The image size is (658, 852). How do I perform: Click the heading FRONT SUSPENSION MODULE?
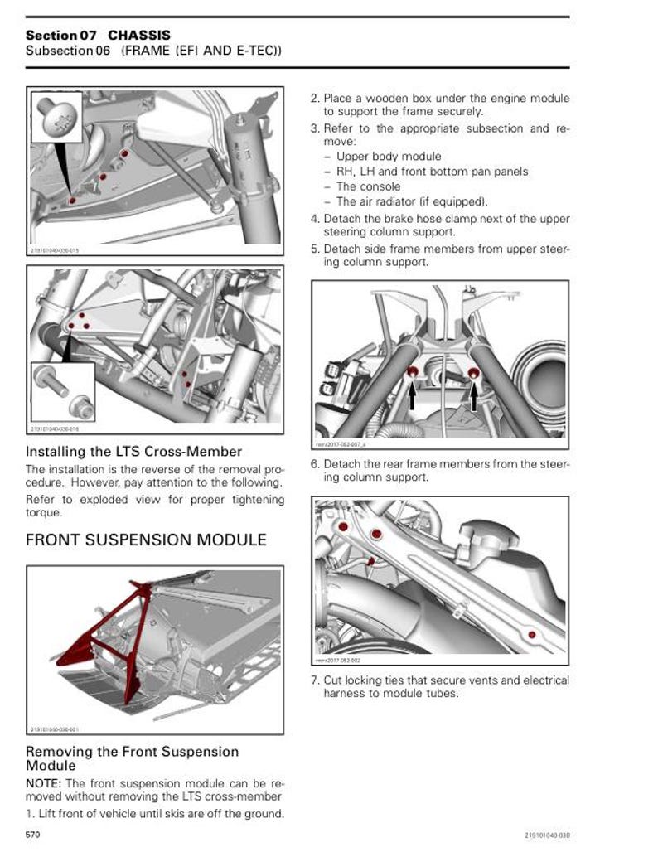tap(146, 540)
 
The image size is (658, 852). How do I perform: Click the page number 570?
tap(33, 835)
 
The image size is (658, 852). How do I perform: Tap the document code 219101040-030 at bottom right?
tap(546, 835)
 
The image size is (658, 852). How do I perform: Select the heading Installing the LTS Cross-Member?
tap(133, 452)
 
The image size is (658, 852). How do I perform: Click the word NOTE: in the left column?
tap(44, 783)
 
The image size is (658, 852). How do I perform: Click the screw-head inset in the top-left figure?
tap(56, 117)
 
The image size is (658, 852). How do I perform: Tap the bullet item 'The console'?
tap(368, 186)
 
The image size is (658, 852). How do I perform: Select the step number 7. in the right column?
tap(316, 680)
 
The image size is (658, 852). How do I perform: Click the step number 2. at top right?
tap(316, 99)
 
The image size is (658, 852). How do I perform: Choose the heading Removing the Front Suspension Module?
tap(132, 758)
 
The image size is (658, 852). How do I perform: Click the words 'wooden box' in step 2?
tap(396, 99)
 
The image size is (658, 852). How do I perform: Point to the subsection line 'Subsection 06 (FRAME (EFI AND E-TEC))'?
tap(153, 51)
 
